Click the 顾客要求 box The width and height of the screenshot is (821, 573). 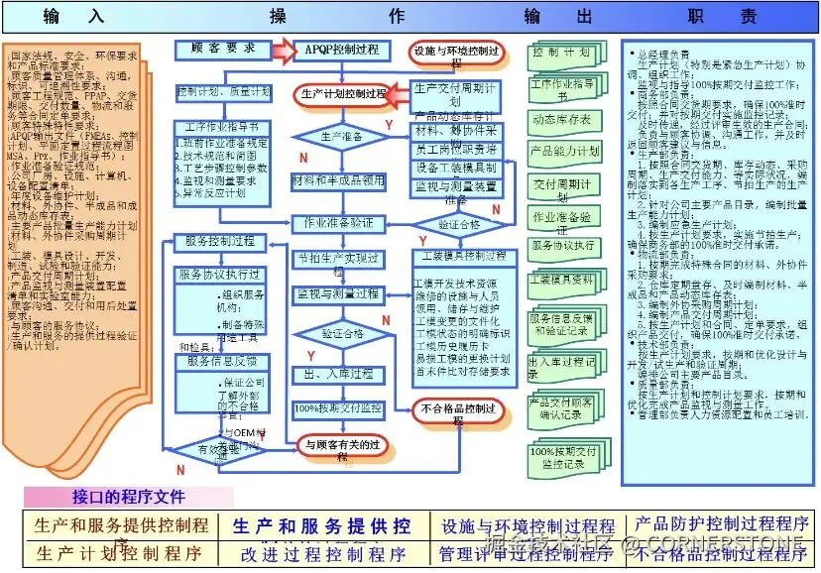pyautogui.click(x=221, y=48)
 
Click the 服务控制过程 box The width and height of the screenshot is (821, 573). pyautogui.click(x=219, y=241)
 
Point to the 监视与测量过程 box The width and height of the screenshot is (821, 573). pyautogui.click(x=337, y=294)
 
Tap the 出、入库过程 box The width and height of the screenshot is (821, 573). pyautogui.click(x=337, y=374)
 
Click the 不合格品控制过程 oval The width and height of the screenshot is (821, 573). pyautogui.click(x=457, y=409)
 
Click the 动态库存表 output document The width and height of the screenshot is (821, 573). pyautogui.click(x=562, y=120)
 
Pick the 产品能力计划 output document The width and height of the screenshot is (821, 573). pyautogui.click(x=564, y=152)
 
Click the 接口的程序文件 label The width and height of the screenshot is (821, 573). pyautogui.click(x=129, y=496)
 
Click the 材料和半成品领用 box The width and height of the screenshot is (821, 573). pyautogui.click(x=338, y=181)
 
